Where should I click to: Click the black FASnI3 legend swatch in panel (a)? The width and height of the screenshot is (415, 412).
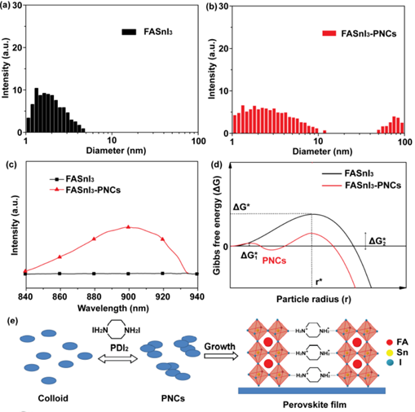click(129, 32)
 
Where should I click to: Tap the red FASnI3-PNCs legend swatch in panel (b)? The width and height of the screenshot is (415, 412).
click(329, 33)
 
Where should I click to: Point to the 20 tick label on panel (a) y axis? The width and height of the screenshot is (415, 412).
click(17, 47)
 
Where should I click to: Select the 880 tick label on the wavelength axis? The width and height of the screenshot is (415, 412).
click(94, 296)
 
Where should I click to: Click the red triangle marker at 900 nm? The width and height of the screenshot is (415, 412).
click(129, 226)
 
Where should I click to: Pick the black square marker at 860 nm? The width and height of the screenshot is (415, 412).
click(60, 274)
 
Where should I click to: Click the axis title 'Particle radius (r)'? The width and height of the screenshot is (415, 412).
click(314, 299)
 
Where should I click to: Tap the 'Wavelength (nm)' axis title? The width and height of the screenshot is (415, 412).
click(113, 309)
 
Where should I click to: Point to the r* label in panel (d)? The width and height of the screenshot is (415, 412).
click(319, 282)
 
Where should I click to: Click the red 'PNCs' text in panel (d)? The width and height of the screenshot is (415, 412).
click(274, 261)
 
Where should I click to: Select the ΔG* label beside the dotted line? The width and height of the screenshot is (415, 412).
click(241, 207)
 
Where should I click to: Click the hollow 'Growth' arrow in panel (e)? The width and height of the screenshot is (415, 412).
click(221, 356)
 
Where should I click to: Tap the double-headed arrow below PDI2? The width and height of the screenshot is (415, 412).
click(118, 359)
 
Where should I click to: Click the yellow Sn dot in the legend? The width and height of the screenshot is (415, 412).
click(390, 353)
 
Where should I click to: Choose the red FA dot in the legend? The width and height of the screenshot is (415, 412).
click(390, 342)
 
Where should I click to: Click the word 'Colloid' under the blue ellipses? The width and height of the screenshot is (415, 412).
click(53, 398)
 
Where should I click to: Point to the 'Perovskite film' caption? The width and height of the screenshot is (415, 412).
click(315, 405)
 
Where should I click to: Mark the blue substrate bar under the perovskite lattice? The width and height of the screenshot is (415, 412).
click(311, 391)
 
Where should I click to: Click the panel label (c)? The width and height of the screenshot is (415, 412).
click(12, 165)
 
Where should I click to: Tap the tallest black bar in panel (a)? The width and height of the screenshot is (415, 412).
click(36, 111)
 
